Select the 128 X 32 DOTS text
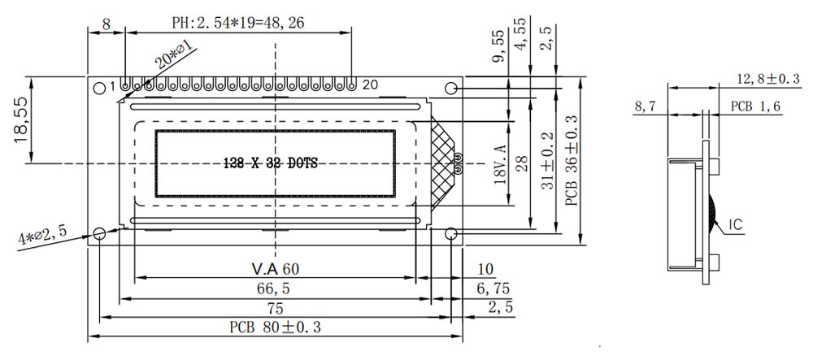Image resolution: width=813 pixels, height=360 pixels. click(x=270, y=163)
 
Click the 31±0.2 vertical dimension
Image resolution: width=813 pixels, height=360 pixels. click(x=548, y=163)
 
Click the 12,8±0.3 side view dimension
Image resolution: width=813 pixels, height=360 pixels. click(x=768, y=79)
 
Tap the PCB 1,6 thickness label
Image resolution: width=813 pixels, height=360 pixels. click(x=755, y=106)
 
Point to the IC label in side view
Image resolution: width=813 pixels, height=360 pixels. click(x=736, y=223)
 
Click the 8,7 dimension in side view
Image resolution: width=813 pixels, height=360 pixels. click(x=646, y=106)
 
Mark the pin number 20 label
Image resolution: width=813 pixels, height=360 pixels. click(x=371, y=85)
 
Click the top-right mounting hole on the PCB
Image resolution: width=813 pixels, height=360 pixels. click(x=452, y=88)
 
